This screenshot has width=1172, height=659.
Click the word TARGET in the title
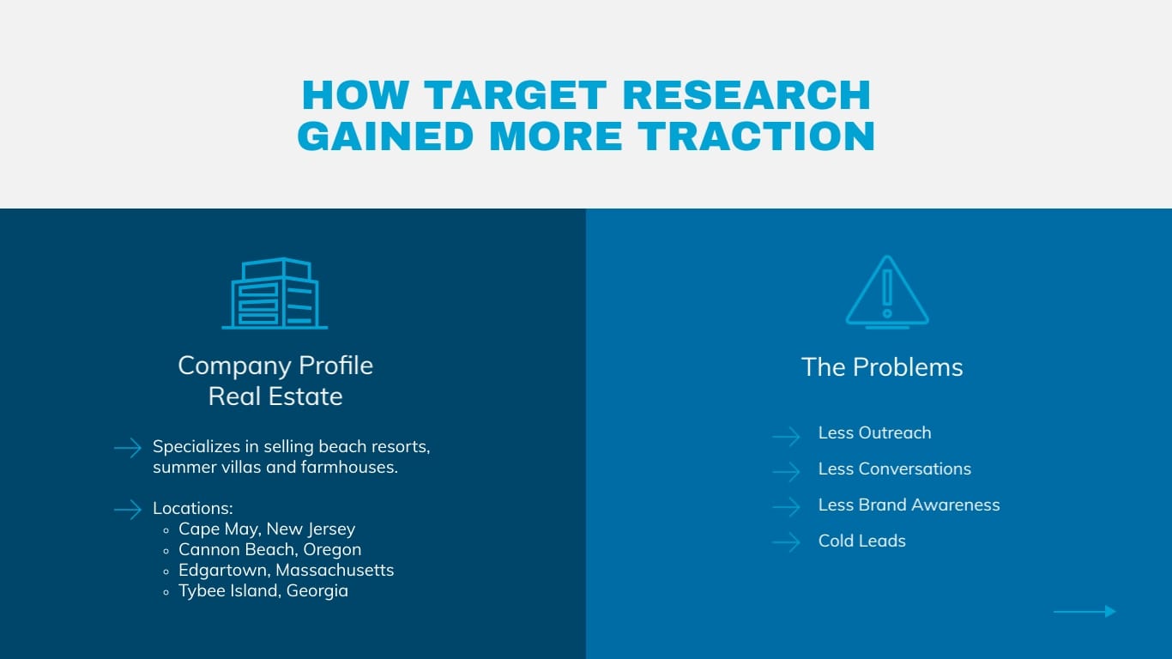pos(516,95)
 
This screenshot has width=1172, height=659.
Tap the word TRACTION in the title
pos(756,136)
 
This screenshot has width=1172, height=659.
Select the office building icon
pos(275,293)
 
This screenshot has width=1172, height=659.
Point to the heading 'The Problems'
pos(882,367)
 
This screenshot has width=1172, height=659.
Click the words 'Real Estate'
pos(275,396)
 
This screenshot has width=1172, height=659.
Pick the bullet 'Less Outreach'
pos(875,432)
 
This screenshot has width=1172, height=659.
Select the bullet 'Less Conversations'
pos(895,469)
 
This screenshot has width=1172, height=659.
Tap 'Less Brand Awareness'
pos(909,505)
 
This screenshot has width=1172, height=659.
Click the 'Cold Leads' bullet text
pos(861,541)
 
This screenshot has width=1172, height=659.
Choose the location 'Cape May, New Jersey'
pos(267,529)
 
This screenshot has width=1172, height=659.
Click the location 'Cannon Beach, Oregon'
pos(270,550)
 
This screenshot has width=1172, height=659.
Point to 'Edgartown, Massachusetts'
pos(287,570)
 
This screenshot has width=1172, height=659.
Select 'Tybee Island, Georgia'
pos(263,591)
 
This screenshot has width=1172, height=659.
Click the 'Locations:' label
pos(192,508)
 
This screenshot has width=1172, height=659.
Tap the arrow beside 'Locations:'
pos(128,510)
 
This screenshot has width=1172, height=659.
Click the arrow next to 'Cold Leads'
pos(787,541)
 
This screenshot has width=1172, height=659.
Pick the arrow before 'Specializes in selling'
pos(128,448)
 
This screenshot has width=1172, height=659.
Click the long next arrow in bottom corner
pos(1084,611)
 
